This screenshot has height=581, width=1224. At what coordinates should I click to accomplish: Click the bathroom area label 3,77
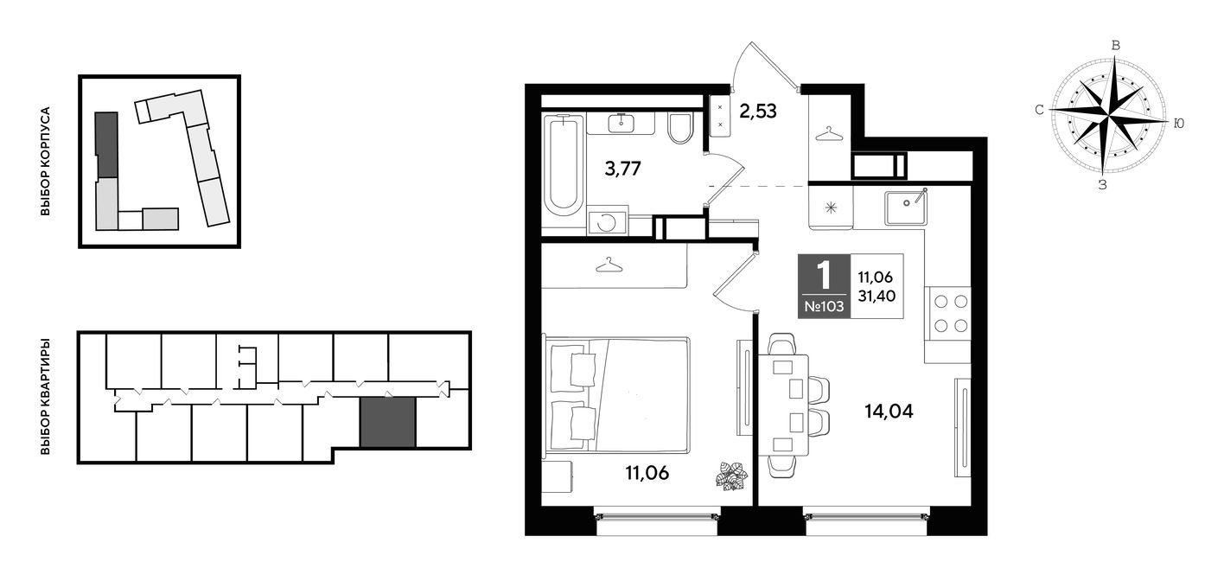click(622, 169)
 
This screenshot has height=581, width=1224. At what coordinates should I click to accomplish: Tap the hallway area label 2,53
click(758, 112)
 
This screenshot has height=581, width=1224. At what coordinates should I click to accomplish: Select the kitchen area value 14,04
click(889, 411)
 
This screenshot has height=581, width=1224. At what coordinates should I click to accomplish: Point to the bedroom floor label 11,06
click(647, 473)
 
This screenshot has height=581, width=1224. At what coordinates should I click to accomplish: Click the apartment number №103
click(824, 307)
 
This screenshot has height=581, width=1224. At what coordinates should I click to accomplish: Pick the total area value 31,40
click(877, 297)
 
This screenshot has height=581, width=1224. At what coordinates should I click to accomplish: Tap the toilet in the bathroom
click(680, 129)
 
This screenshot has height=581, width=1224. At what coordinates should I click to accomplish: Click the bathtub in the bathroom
click(564, 169)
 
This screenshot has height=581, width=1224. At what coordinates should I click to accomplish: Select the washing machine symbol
click(607, 221)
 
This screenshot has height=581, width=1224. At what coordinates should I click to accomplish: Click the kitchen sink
click(905, 207)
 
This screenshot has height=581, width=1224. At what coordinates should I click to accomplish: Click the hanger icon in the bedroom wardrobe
click(609, 265)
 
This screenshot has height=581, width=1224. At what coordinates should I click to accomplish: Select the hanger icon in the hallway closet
click(830, 134)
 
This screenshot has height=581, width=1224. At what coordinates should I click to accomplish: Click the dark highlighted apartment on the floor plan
click(387, 422)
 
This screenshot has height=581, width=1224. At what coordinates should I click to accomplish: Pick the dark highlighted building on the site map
click(106, 145)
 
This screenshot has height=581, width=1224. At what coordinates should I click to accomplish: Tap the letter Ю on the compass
click(1179, 124)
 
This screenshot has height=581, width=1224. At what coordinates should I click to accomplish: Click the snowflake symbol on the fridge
click(831, 207)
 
